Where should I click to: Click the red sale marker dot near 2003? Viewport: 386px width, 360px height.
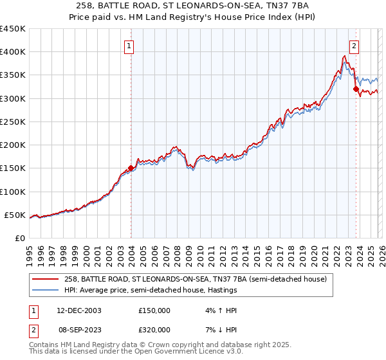click(x=131, y=168)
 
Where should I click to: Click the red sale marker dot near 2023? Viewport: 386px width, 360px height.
click(x=356, y=89)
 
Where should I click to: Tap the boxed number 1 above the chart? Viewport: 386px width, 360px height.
click(x=130, y=46)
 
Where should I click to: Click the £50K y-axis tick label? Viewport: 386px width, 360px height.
click(x=15, y=215)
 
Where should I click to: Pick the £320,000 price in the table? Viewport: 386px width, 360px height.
click(x=154, y=328)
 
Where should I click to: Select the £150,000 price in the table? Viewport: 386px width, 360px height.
click(x=154, y=310)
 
